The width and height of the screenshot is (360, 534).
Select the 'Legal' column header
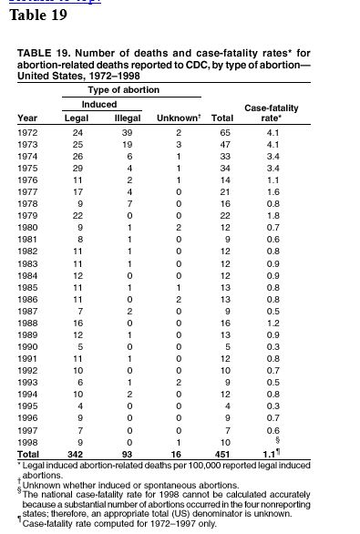tap(75, 118)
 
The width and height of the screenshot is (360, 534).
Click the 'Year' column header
tap(27, 118)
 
